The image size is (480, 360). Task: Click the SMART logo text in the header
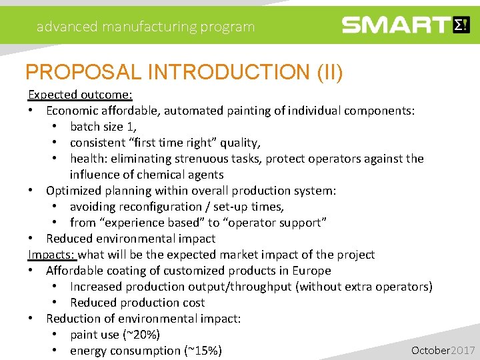[x=396, y=26]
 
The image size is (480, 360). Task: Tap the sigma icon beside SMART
[x=461, y=25]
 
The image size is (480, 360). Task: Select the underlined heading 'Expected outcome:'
[x=80, y=95]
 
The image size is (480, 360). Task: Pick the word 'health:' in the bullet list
[x=89, y=159]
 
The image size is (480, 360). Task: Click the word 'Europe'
[x=311, y=271]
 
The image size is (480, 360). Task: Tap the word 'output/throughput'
[x=241, y=287]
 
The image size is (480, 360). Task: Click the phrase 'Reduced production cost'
[x=137, y=303]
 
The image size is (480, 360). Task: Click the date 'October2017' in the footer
[x=443, y=350]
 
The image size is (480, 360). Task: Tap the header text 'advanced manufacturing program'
[x=145, y=27]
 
